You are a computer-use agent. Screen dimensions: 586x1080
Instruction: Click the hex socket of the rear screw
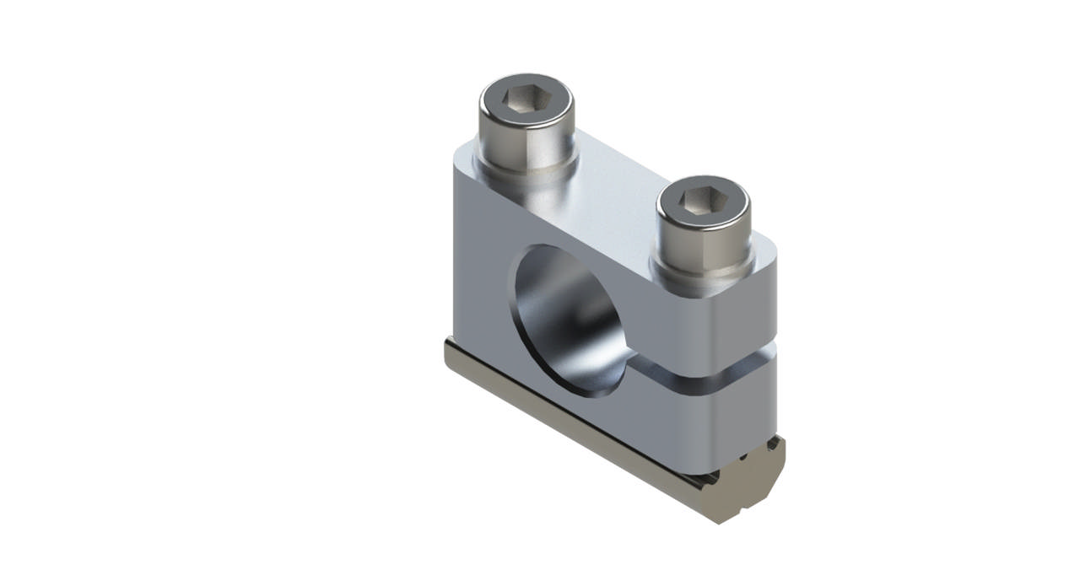pos(527,101)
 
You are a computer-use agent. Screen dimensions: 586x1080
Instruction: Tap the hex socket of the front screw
pos(704,201)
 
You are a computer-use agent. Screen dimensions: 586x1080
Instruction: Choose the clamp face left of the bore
pos(481,278)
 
